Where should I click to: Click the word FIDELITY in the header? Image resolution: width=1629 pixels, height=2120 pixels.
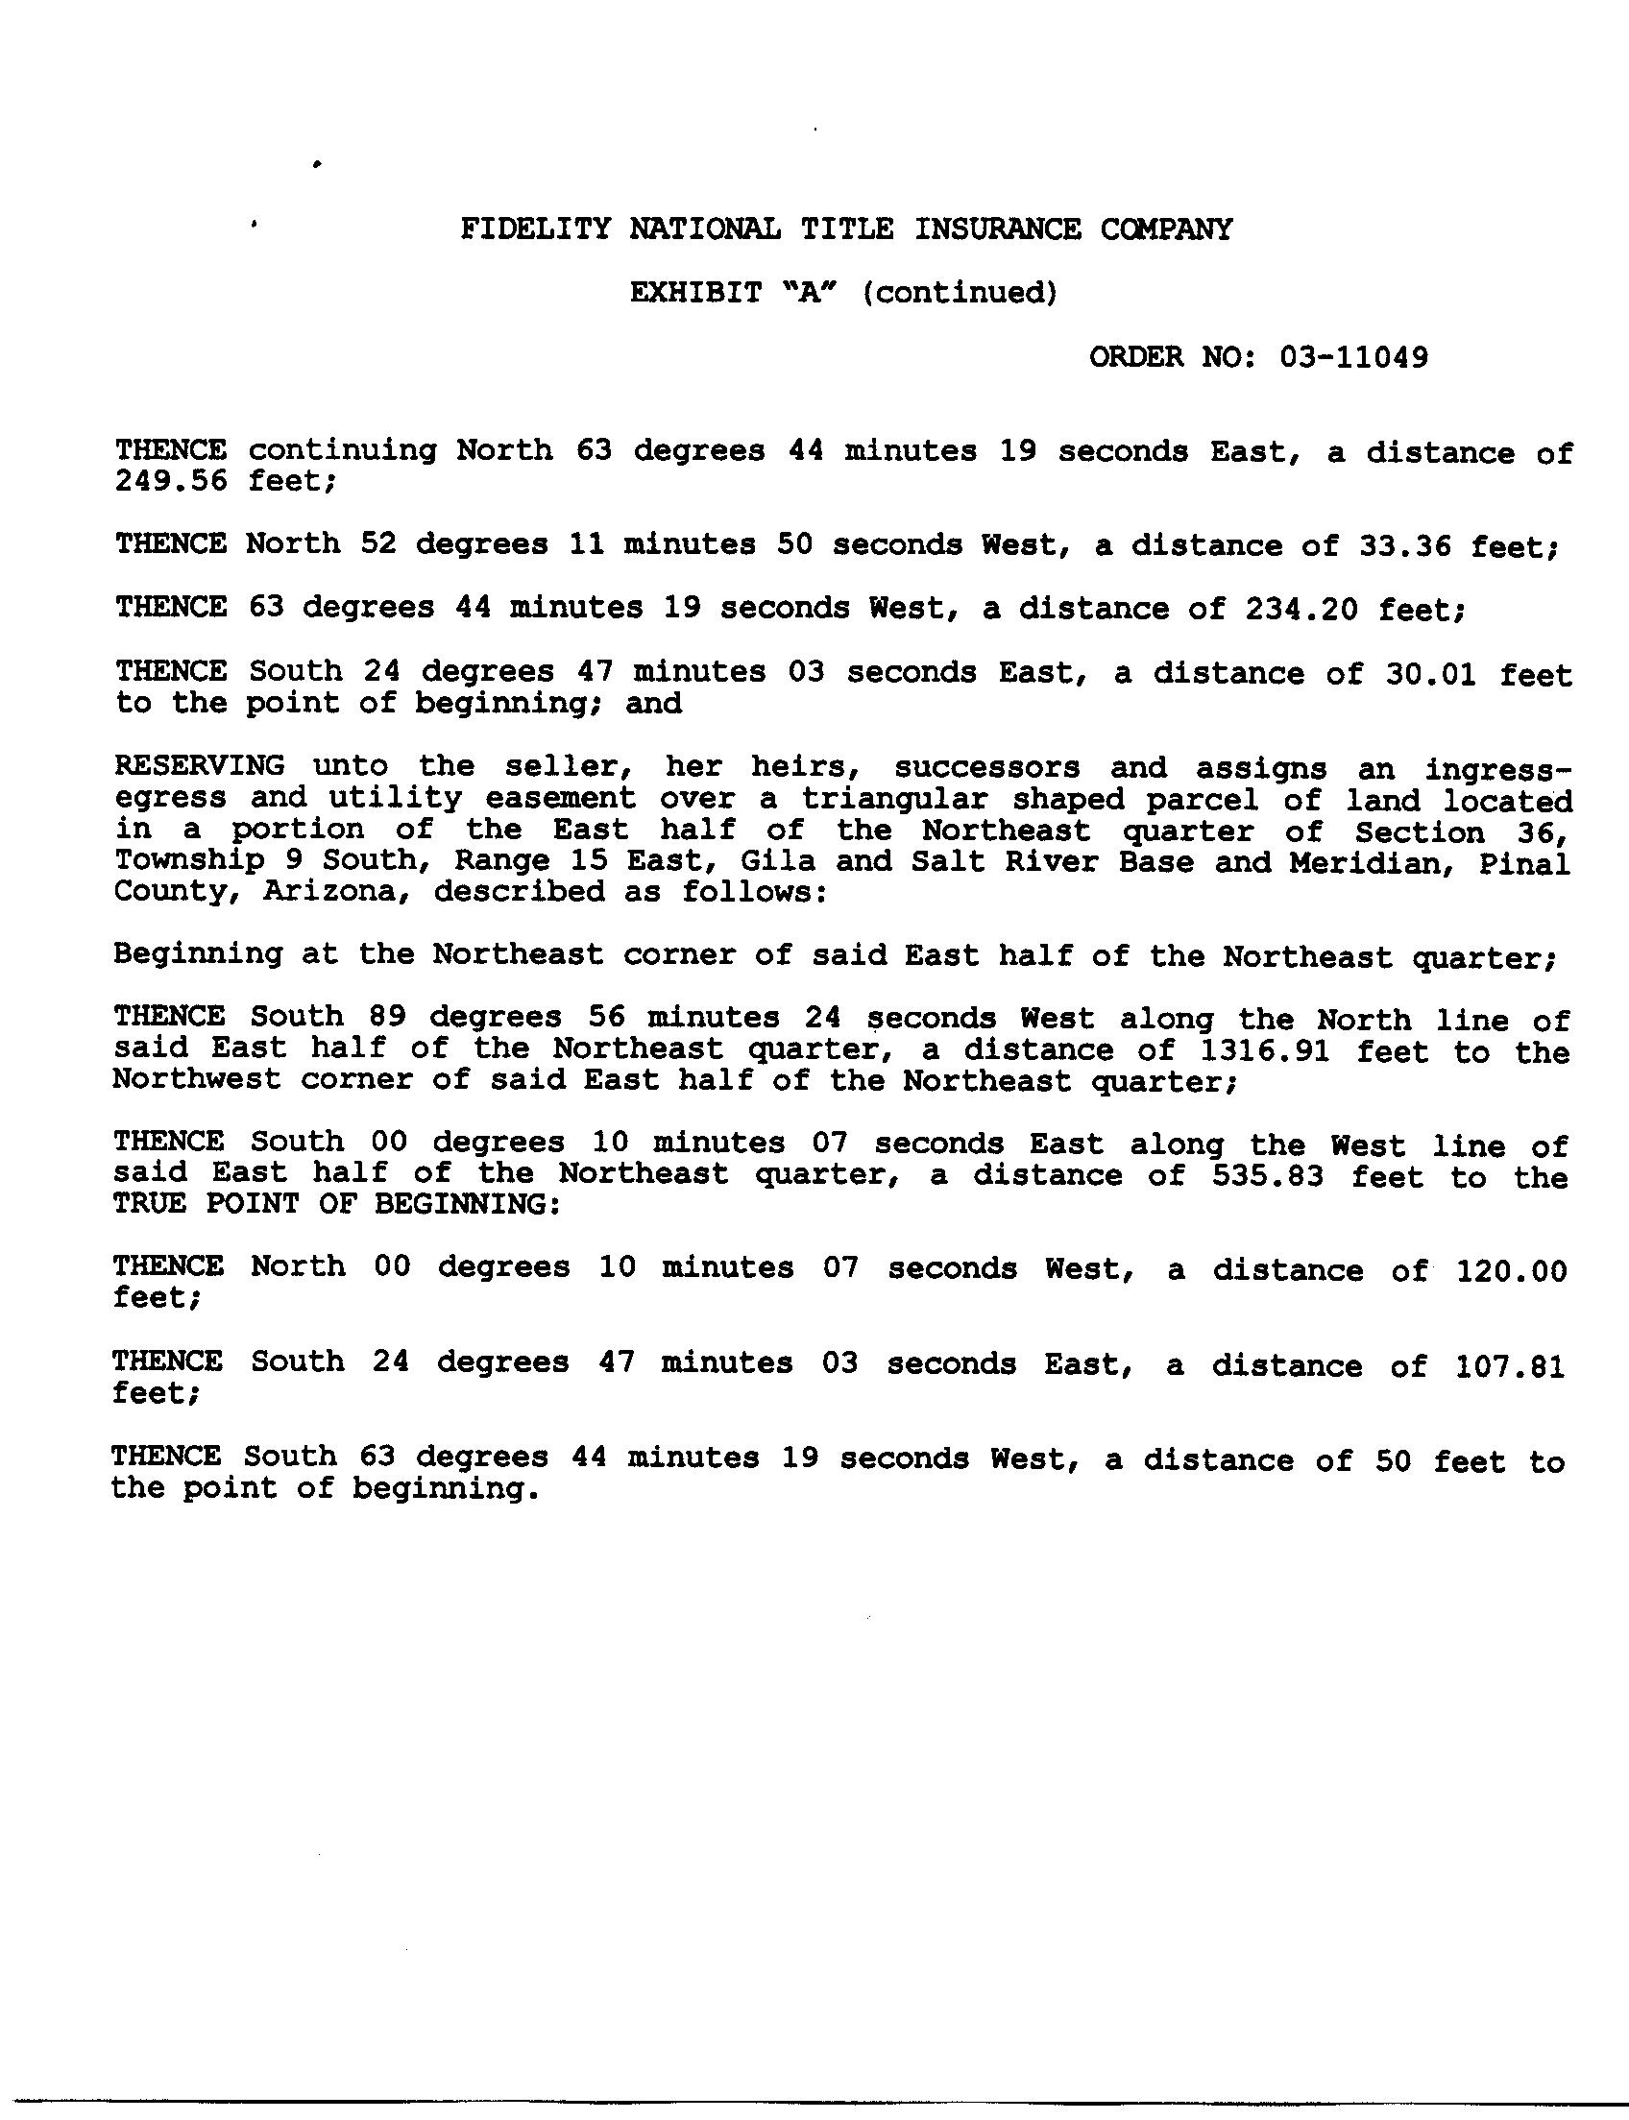tap(535, 229)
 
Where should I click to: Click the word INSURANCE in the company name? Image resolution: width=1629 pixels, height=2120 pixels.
tap(997, 229)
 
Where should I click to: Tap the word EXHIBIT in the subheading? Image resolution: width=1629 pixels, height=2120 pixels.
tap(695, 293)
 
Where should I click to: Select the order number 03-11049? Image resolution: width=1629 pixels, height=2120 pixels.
tap(1353, 358)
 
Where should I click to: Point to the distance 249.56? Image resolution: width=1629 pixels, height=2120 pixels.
tap(171, 482)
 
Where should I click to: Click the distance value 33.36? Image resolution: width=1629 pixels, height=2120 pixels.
tap(1395, 545)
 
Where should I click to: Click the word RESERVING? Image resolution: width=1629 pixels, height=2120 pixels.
tap(200, 766)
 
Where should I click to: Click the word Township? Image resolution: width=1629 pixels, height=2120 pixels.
tap(188, 860)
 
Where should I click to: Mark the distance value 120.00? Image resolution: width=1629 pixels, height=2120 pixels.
tap(1512, 1270)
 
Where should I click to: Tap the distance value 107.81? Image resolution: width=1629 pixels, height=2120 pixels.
tap(1510, 1365)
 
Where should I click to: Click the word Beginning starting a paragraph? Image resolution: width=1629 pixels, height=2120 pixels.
tap(198, 953)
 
